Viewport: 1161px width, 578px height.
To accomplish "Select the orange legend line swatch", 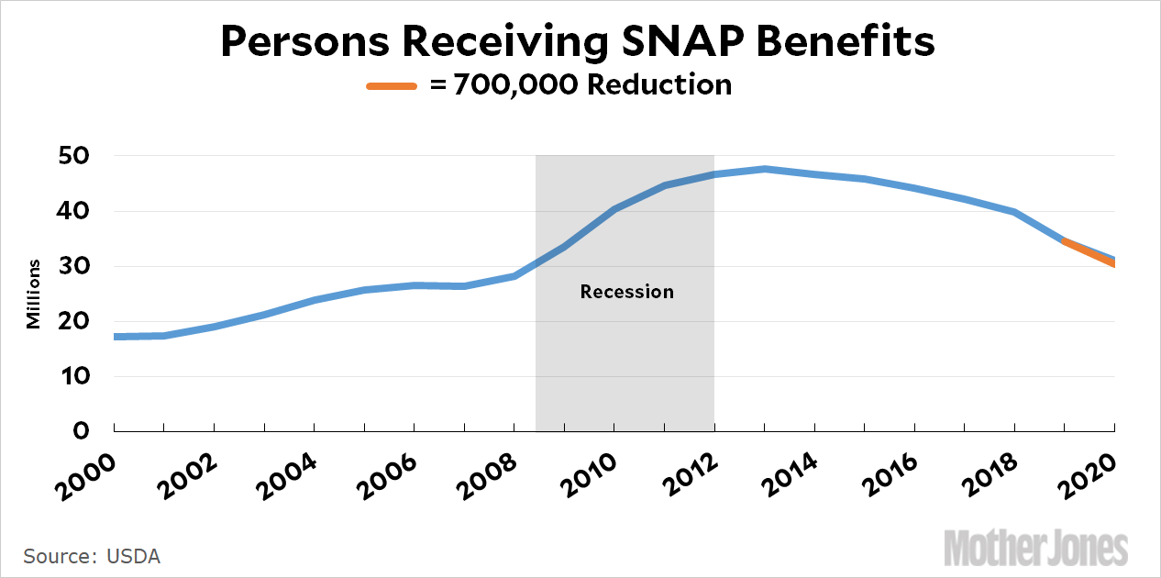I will click(x=393, y=85).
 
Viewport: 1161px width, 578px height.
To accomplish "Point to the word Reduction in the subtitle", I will click(x=658, y=85).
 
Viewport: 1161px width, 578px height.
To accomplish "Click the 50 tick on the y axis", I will click(x=75, y=156).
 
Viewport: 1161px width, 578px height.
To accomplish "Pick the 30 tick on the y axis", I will click(x=75, y=266).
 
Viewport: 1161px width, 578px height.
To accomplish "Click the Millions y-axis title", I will click(x=33, y=294).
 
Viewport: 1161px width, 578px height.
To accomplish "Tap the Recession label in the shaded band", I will click(x=627, y=292).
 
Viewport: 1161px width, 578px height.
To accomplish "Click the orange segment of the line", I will click(x=1089, y=252).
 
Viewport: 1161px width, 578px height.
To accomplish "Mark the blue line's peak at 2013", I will click(x=764, y=169).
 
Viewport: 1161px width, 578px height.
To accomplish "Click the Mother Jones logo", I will click(x=1036, y=548).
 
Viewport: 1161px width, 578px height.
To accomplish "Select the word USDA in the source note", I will click(x=133, y=557).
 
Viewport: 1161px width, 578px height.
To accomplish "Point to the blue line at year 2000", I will click(x=116, y=337).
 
